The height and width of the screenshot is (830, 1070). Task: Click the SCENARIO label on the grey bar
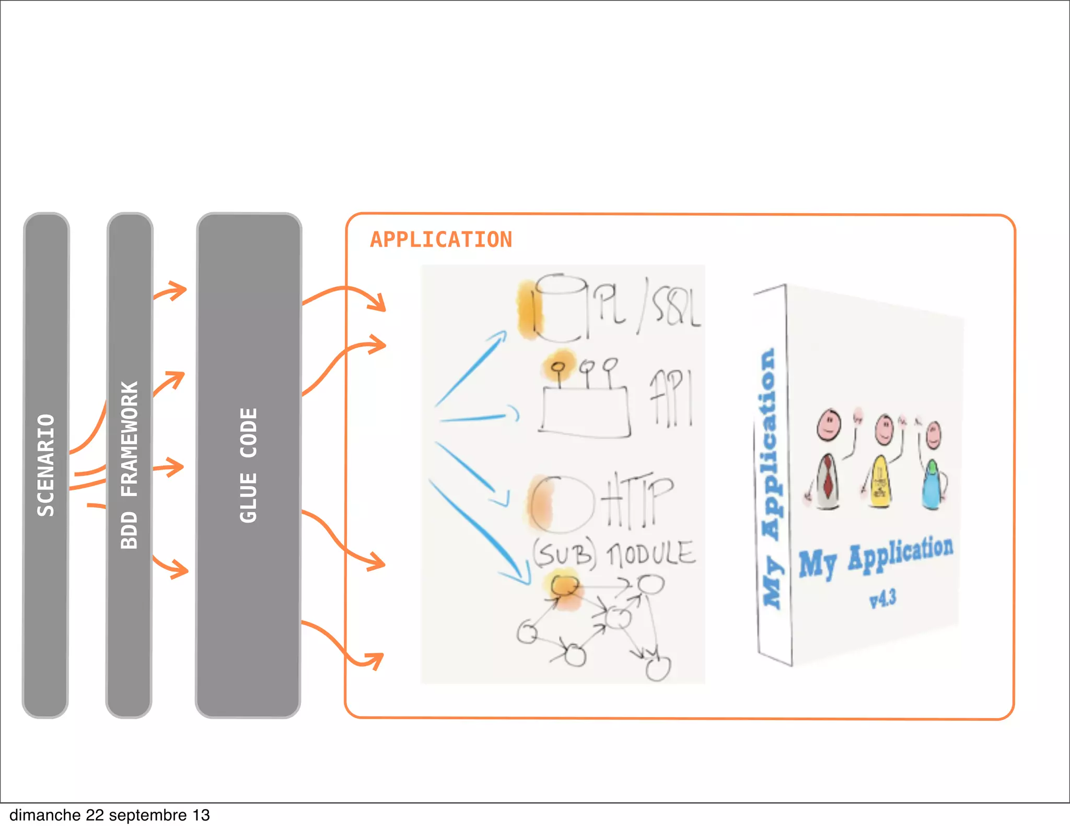[x=45, y=465]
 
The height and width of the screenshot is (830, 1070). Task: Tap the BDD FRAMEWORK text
[x=129, y=465]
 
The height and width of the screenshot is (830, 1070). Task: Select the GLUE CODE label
[x=249, y=465]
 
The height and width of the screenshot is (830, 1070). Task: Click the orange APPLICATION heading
[x=441, y=240]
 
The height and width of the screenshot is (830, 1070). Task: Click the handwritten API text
[x=671, y=397]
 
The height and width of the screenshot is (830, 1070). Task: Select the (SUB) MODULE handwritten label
[x=614, y=554]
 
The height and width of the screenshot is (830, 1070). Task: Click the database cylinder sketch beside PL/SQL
[x=559, y=308]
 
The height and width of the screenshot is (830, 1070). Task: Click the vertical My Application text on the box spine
[x=771, y=478]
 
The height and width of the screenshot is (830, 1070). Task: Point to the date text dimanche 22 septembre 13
[x=110, y=815]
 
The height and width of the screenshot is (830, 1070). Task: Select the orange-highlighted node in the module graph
[x=564, y=585]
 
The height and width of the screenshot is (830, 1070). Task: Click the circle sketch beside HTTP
[x=562, y=504]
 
